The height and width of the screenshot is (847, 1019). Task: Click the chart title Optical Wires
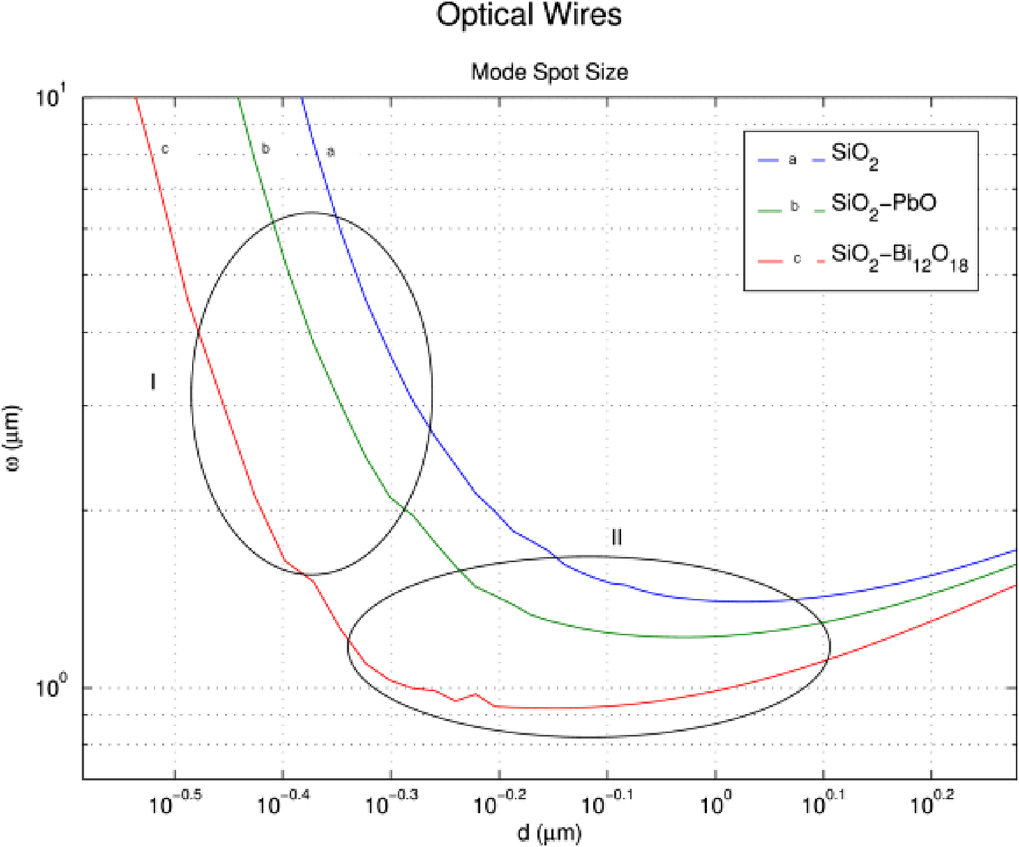[528, 15]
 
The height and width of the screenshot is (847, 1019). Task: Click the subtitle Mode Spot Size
[549, 72]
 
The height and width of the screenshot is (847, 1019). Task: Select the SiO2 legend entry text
[855, 155]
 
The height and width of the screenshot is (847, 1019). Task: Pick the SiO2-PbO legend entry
[883, 205]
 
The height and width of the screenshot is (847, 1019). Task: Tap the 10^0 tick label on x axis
[715, 802]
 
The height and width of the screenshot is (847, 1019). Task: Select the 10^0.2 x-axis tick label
[931, 802]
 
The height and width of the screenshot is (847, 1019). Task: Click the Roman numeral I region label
[153, 382]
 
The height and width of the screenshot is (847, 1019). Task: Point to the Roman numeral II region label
[616, 538]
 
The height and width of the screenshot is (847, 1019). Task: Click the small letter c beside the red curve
[165, 149]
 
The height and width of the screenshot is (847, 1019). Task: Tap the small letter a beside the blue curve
[331, 151]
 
